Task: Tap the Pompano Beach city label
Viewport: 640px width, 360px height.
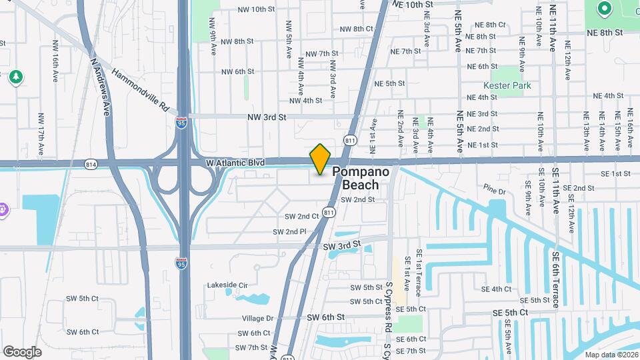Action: pyautogui.click(x=365, y=178)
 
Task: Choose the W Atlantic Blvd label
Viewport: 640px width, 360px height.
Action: pyautogui.click(x=234, y=163)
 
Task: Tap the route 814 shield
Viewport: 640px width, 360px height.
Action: pyautogui.click(x=91, y=163)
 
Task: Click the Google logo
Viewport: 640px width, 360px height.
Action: pyautogui.click(x=22, y=351)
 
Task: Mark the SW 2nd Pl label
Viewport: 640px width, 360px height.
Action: pyautogui.click(x=289, y=231)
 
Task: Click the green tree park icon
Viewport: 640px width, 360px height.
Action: pyautogui.click(x=15, y=77)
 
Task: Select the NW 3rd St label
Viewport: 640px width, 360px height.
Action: pyautogui.click(x=266, y=117)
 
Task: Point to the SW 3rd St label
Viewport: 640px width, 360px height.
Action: pyautogui.click(x=341, y=247)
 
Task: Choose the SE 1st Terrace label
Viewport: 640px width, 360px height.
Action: pyautogui.click(x=419, y=269)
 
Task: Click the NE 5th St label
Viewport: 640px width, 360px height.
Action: pyautogui.click(x=390, y=83)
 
